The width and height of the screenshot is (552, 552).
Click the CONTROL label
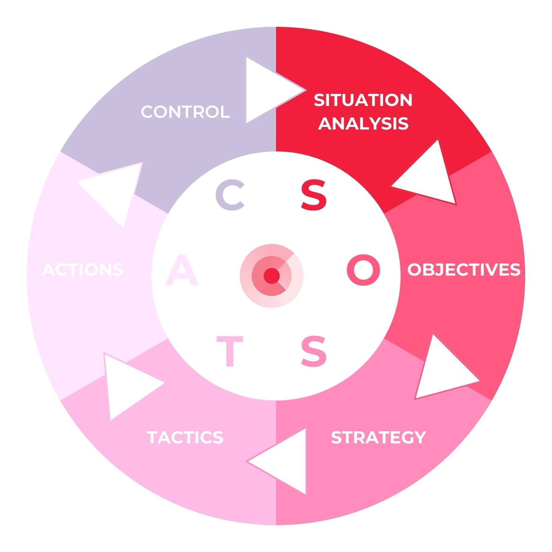click(x=185, y=112)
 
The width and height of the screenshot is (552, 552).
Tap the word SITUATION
click(x=363, y=100)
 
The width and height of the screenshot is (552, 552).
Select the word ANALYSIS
click(x=363, y=123)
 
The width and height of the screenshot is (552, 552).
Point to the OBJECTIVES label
click(x=464, y=269)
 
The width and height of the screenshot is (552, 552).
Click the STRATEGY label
click(x=378, y=437)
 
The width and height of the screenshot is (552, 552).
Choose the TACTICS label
click(x=185, y=437)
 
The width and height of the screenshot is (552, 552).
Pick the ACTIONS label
click(x=83, y=269)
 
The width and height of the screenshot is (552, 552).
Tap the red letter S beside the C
click(x=314, y=195)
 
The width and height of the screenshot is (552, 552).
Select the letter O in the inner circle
click(x=363, y=270)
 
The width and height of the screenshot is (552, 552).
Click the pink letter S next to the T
click(x=314, y=351)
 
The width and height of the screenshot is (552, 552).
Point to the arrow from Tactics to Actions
click(x=127, y=385)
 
